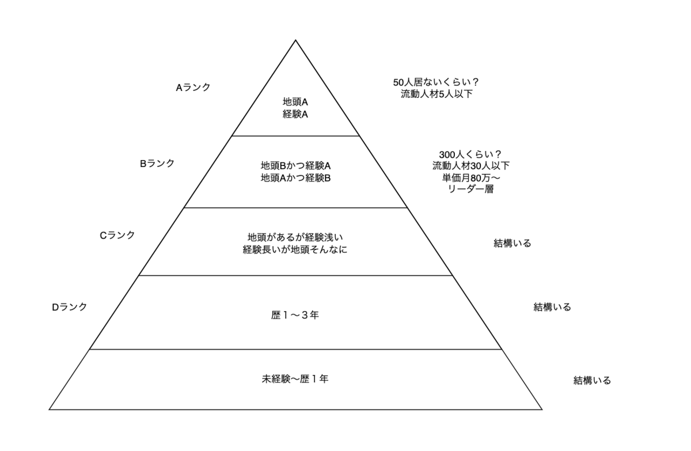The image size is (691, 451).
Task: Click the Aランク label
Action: (193, 88)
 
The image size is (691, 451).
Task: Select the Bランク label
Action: (157, 163)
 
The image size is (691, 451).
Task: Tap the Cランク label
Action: (117, 235)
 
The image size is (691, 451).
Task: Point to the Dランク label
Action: (69, 307)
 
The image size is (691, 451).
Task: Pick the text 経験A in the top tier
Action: (295, 114)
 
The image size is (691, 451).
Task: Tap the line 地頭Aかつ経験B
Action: (295, 178)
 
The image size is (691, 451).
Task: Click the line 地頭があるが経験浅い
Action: (295, 237)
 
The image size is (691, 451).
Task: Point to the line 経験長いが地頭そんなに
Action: (295, 250)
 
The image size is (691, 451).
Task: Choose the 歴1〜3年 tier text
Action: (295, 315)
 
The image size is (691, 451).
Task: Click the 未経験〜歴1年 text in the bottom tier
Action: (295, 379)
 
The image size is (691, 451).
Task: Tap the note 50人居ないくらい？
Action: (436, 82)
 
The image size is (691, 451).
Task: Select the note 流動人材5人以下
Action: (436, 94)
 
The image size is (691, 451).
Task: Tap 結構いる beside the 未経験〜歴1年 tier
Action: (592, 380)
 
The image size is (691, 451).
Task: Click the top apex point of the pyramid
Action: (295, 40)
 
